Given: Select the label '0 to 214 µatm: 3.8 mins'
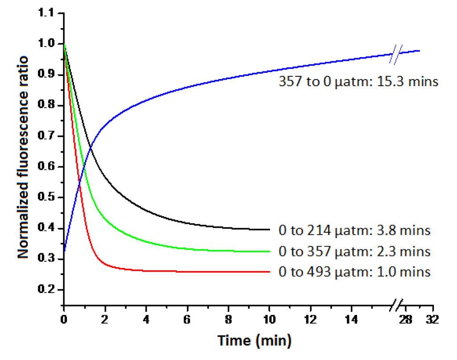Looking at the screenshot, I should click(354, 230).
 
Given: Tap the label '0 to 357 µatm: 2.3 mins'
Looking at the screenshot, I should click(354, 251).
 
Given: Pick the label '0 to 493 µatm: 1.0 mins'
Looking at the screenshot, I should click(354, 272).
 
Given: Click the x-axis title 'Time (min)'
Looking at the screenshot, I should click(254, 341).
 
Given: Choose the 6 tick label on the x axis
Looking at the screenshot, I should click(187, 320).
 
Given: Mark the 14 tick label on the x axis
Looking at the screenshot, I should click(352, 320).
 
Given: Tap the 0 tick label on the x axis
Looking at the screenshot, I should click(64, 320).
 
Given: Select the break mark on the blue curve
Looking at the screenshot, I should click(397, 54).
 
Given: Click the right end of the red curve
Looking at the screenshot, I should click(270, 272).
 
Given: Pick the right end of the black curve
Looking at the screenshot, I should click(270, 230).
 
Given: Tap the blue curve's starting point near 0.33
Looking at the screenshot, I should click(65, 251).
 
